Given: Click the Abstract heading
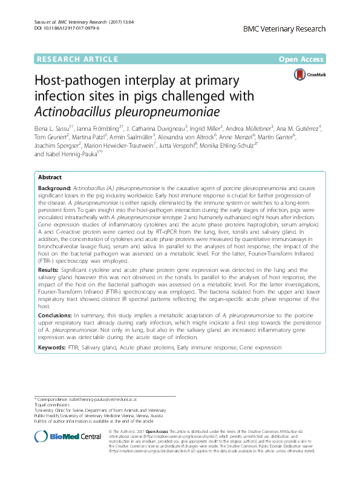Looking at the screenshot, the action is [50, 177].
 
